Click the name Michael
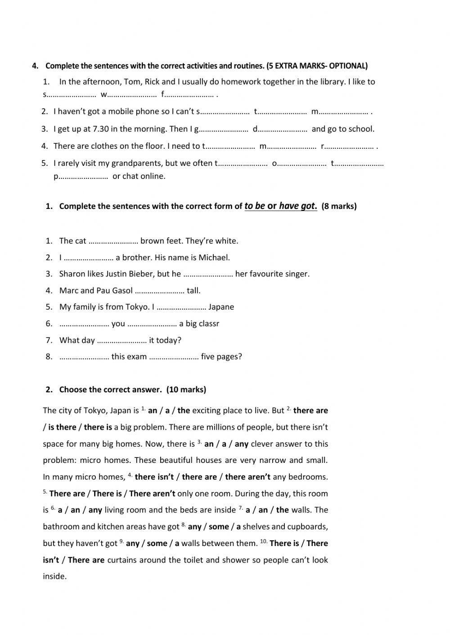pyautogui.click(x=214, y=258)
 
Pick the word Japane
pyautogui.click(x=221, y=307)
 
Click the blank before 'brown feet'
pyautogui.click(x=113, y=241)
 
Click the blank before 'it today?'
pyautogui.click(x=122, y=341)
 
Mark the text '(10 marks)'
pyautogui.click(x=186, y=390)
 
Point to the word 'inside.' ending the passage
pyautogui.click(x=54, y=577)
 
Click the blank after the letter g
pyautogui.click(x=224, y=129)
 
